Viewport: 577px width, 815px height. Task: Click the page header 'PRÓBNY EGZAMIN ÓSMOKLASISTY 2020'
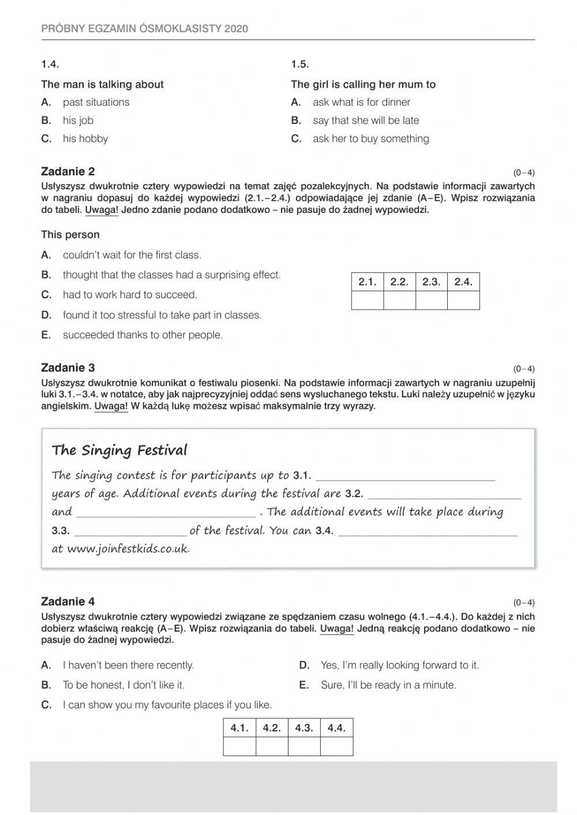click(x=144, y=28)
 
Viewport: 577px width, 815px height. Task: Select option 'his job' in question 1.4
click(x=78, y=121)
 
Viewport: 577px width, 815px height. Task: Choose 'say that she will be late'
click(x=365, y=121)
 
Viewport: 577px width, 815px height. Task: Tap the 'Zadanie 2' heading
click(x=68, y=171)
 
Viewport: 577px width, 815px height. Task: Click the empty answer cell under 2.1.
click(x=368, y=301)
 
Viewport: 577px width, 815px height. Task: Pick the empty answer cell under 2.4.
click(x=463, y=301)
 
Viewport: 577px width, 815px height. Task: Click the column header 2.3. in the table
click(x=431, y=282)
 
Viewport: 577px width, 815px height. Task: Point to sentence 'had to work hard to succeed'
click(x=130, y=295)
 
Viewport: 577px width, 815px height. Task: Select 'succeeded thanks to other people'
click(x=143, y=335)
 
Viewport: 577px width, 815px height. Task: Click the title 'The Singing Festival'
click(x=119, y=450)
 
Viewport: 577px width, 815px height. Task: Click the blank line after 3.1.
click(x=406, y=476)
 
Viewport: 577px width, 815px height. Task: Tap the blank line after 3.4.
click(x=428, y=532)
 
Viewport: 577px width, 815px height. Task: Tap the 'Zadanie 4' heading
click(x=68, y=602)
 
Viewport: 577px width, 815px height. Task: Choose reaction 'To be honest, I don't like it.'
click(x=123, y=685)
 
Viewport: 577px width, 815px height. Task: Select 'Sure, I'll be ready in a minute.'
click(x=388, y=685)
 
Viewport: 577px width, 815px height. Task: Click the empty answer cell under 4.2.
click(x=272, y=747)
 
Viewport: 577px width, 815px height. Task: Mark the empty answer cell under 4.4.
click(x=336, y=747)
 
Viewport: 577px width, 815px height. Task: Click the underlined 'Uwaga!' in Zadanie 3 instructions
click(x=111, y=406)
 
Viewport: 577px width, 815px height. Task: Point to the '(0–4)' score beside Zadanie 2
click(x=524, y=172)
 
